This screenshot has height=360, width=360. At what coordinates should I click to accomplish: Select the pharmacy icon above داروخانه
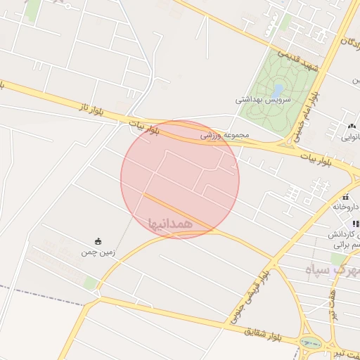pyautogui.click(x=347, y=196)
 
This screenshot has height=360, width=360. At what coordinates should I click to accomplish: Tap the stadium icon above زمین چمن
pyautogui.click(x=98, y=241)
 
